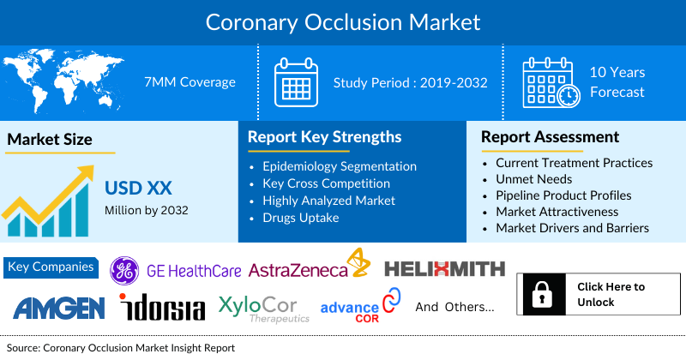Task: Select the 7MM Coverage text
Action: tap(190, 82)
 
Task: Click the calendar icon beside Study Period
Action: tap(295, 82)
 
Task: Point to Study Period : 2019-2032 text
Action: tap(410, 83)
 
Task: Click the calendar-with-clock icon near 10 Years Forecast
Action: tap(551, 83)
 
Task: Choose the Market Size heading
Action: tap(50, 139)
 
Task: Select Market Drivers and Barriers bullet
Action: tap(572, 228)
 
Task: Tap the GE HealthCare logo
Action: tap(176, 270)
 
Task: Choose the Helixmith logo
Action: tap(444, 269)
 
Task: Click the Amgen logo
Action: tap(58, 307)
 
